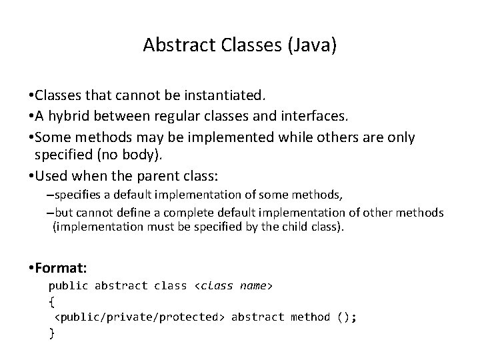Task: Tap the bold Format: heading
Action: pyautogui.click(x=63, y=268)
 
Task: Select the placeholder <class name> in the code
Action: pyautogui.click(x=233, y=286)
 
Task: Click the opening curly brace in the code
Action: pyautogui.click(x=52, y=301)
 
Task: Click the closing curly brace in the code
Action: pyautogui.click(x=52, y=333)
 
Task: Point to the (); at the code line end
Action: pyautogui.click(x=347, y=317)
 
